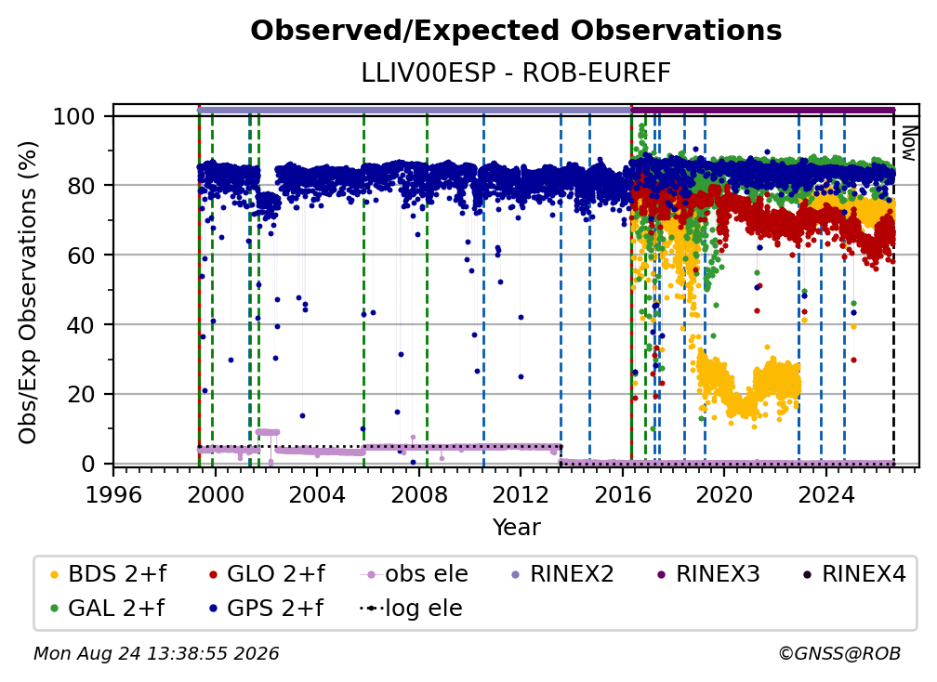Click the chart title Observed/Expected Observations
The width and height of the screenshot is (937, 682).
[x=516, y=31]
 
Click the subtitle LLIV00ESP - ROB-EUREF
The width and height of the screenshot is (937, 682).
[x=516, y=73]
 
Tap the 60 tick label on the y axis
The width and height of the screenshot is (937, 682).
[x=81, y=255]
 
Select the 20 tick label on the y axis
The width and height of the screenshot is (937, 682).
[x=81, y=394]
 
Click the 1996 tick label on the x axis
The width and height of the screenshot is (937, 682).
[x=113, y=494]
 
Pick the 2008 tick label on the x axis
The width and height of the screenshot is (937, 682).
[x=419, y=494]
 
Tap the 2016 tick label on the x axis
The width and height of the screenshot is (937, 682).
[x=623, y=494]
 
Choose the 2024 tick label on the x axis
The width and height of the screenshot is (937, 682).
[x=825, y=494]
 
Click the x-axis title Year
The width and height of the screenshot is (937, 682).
[x=516, y=528]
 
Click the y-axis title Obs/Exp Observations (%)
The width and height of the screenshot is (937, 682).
[x=28, y=293]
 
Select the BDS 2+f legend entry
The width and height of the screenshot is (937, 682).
[x=108, y=574]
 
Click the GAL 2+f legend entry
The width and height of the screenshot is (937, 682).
[x=107, y=608]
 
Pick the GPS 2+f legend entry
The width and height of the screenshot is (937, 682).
[x=267, y=608]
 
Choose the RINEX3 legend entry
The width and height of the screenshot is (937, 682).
[x=708, y=574]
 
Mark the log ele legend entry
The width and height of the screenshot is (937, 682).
[x=411, y=608]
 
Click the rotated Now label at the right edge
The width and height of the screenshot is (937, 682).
[x=908, y=143]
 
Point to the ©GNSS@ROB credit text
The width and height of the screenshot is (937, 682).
[x=839, y=653]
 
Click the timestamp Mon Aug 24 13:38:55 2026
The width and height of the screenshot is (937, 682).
[x=156, y=653]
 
